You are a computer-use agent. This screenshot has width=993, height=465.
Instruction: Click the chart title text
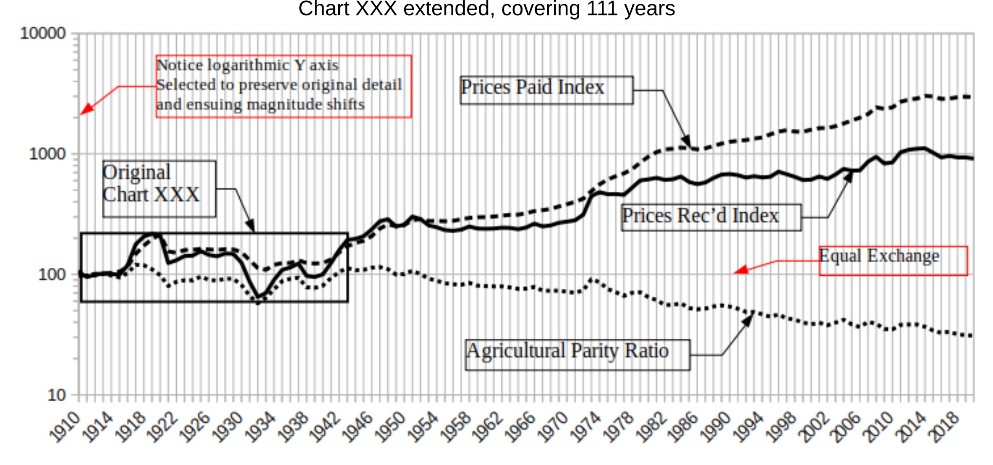click(486, 9)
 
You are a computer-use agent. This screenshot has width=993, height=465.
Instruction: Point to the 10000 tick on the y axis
click(43, 33)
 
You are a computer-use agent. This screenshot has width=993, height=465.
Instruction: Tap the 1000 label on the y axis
click(47, 154)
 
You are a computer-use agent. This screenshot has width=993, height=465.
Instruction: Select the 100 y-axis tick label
click(52, 274)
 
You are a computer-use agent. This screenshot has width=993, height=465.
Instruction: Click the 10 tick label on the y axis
click(57, 395)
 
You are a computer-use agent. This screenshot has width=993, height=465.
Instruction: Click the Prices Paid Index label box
click(546, 90)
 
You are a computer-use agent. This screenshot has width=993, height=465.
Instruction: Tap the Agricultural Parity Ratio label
click(578, 355)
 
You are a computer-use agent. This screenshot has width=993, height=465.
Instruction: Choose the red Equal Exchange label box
click(893, 261)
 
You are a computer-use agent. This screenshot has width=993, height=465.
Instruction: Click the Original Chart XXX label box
click(159, 189)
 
